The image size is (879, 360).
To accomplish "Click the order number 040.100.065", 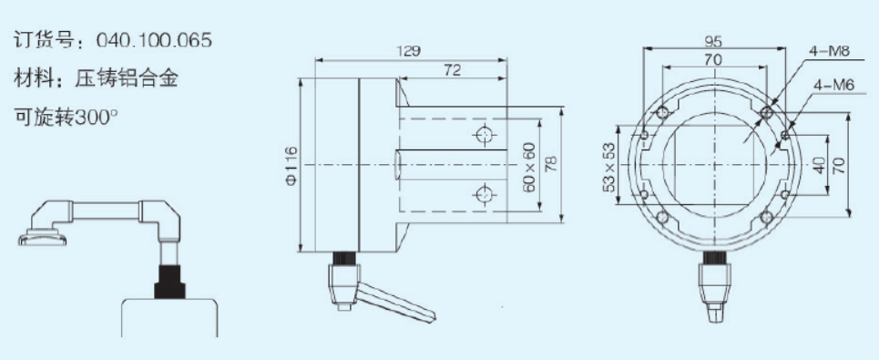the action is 154,40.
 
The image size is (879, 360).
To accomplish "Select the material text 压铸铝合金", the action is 126,78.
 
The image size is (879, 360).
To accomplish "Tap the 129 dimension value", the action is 411,50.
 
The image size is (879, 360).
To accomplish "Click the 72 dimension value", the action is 452,70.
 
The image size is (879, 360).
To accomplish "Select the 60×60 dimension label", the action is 529,167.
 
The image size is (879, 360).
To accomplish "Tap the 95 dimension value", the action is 713,41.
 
